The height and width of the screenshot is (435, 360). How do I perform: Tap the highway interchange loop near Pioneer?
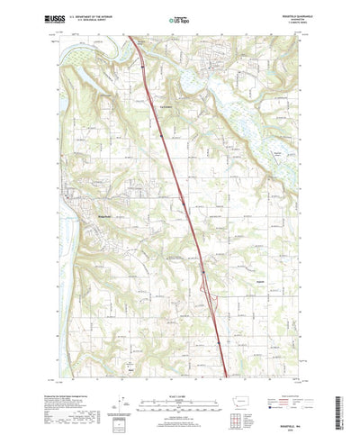(x=210, y=285)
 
